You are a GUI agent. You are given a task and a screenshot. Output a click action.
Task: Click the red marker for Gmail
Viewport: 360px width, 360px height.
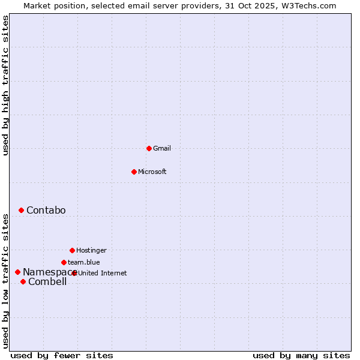pyautogui.click(x=149, y=148)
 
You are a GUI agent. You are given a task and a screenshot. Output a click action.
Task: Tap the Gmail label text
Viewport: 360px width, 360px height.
pyautogui.click(x=162, y=149)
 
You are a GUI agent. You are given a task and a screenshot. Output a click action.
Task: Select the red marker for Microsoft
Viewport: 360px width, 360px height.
pyautogui.click(x=134, y=172)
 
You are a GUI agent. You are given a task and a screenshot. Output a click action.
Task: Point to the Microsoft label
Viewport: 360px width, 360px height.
pyautogui.click(x=152, y=172)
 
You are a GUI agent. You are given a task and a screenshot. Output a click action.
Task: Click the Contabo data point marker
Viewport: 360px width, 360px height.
pyautogui.click(x=21, y=210)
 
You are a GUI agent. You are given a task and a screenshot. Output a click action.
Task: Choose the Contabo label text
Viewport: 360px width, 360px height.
pyautogui.click(x=46, y=211)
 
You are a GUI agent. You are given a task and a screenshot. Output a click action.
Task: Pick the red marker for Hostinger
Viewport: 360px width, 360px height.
pyautogui.click(x=72, y=250)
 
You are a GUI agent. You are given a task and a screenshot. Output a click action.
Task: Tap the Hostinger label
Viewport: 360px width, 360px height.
pyautogui.click(x=91, y=251)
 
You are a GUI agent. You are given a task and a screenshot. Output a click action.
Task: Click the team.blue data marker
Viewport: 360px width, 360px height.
pyautogui.click(x=64, y=262)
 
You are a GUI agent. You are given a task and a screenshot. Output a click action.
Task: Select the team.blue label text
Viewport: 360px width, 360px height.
pyautogui.click(x=84, y=262)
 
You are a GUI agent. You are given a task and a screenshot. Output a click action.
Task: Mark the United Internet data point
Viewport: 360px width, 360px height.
pyautogui.click(x=74, y=273)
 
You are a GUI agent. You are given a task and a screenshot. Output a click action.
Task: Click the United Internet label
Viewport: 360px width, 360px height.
pyautogui.click(x=103, y=274)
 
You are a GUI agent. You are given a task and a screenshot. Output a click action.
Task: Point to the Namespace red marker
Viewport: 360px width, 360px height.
pyautogui.click(x=17, y=272)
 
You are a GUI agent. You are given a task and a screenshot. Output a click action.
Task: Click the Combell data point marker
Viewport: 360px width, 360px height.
pyautogui.click(x=23, y=281)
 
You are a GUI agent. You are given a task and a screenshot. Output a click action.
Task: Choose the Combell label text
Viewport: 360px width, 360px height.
pyautogui.click(x=47, y=282)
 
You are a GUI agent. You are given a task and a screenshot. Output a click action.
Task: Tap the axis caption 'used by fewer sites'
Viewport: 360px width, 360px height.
pyautogui.click(x=62, y=356)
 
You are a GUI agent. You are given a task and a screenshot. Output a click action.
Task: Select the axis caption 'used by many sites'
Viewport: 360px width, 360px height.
pyautogui.click(x=301, y=356)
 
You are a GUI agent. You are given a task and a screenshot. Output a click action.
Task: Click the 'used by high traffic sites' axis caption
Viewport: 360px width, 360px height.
pyautogui.click(x=5, y=85)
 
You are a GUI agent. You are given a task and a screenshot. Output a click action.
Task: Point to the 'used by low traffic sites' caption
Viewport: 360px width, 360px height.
pyautogui.click(x=5, y=281)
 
